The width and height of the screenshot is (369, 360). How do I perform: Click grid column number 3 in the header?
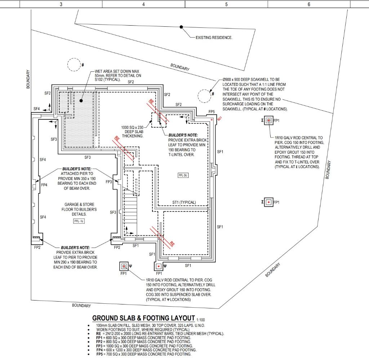(61, 4)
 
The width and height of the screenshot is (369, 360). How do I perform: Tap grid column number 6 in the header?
(309, 4)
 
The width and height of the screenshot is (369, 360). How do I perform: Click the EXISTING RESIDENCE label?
(214, 38)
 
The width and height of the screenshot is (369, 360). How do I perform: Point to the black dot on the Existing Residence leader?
(181, 27)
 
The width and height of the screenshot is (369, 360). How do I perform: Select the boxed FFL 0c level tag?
(183, 175)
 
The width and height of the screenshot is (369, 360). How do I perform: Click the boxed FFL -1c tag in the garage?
(79, 221)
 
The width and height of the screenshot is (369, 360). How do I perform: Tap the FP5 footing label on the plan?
(212, 112)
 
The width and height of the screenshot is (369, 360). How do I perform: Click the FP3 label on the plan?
(109, 182)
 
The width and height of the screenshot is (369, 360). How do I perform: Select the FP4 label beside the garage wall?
(44, 185)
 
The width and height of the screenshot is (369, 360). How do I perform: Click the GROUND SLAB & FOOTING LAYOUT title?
(143, 318)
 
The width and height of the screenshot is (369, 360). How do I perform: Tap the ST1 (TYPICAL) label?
(184, 202)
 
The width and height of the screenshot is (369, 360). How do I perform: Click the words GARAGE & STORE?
(79, 205)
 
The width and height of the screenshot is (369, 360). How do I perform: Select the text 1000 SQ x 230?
(132, 127)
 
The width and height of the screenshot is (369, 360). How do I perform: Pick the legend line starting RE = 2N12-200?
(160, 334)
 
